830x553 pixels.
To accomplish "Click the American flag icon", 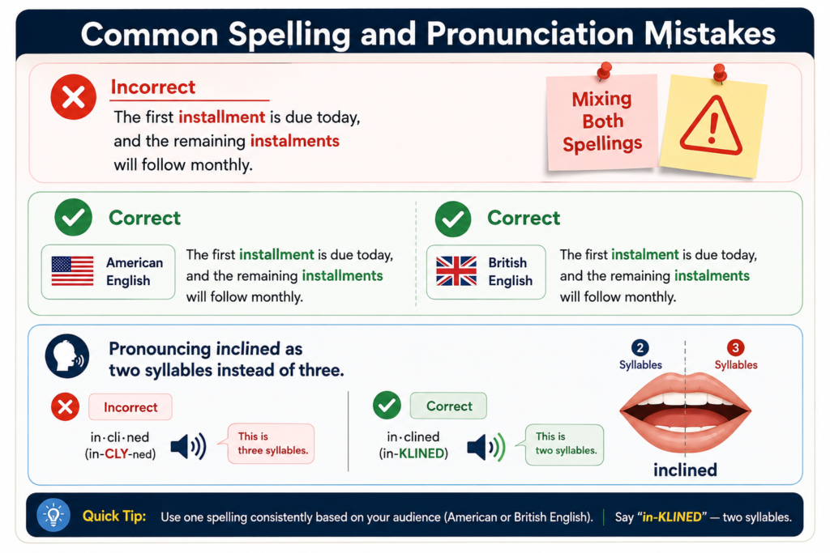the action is click(72, 270).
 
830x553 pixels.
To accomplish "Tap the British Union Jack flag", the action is click(456, 270).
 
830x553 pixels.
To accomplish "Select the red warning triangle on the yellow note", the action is click(711, 125).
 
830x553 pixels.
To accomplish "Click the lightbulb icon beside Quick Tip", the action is click(53, 515).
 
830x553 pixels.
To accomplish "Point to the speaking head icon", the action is click(67, 355).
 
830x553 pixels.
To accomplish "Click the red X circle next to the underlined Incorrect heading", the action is click(74, 96).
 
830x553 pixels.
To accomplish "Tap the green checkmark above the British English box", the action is click(453, 219).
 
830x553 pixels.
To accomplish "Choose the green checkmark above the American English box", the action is click(74, 217).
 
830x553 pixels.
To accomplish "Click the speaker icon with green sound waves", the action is click(486, 447).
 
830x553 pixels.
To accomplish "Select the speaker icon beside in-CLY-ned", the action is click(188, 447).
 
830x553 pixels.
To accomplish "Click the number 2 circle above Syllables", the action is click(640, 348).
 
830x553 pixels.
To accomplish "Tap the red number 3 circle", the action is click(735, 348).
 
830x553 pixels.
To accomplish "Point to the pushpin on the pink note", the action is click(603, 70).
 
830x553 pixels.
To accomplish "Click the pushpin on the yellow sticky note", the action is click(720, 73).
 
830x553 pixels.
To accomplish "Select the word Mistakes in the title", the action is click(710, 34).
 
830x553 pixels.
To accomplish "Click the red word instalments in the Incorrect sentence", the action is click(295, 141).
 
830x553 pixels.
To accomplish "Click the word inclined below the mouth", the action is click(685, 470).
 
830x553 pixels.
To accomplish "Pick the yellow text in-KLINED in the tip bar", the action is click(672, 517).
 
